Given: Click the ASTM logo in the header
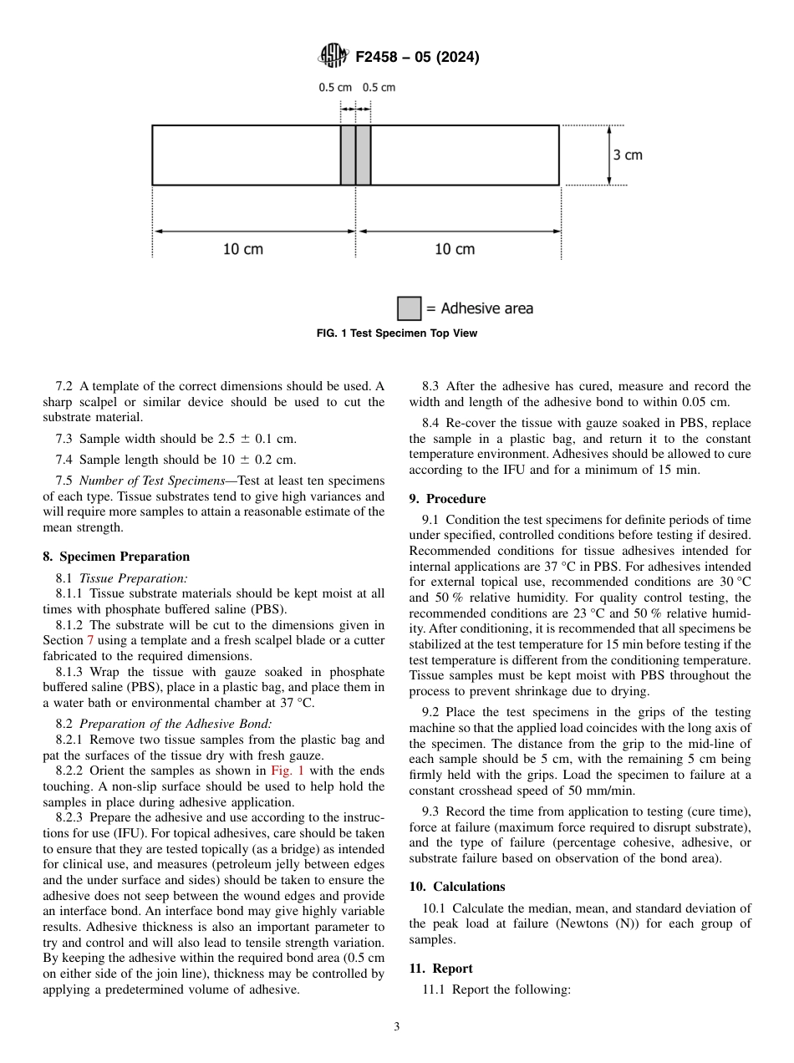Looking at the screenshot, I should point(332,57).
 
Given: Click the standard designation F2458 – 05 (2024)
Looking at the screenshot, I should point(417,58).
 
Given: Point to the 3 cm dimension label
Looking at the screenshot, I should point(628,155).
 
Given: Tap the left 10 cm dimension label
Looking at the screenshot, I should point(242,249).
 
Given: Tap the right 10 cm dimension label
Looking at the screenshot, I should point(455,249).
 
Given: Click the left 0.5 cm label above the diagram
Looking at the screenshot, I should point(335,87).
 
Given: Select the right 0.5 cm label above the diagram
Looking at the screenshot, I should point(379,87).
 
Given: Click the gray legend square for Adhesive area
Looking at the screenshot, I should point(409,308).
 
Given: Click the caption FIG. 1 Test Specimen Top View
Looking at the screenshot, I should point(397,333).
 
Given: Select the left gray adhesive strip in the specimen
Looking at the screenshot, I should point(348,155).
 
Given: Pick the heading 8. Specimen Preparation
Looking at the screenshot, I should point(116,557).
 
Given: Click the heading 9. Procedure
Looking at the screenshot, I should point(447,499).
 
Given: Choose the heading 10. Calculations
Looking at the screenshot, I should point(457,886).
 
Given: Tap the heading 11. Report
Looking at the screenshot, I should point(440,969).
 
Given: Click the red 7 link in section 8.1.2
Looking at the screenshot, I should point(91,640).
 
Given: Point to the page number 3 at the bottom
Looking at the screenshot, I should point(397,1027).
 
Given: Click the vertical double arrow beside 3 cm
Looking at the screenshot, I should point(609,155).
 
